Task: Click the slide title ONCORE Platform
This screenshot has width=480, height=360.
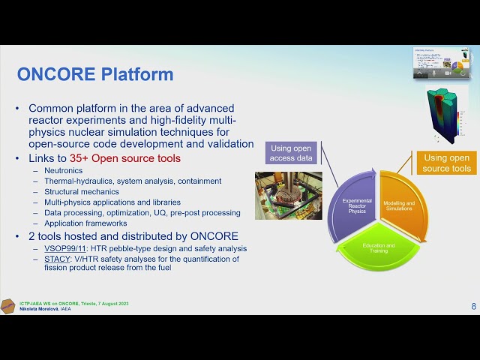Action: pos(95,74)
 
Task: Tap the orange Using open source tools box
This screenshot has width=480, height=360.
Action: pos(447,163)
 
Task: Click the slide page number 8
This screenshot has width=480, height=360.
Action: pos(473,306)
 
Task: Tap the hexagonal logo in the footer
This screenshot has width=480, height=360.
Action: pos(7,306)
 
